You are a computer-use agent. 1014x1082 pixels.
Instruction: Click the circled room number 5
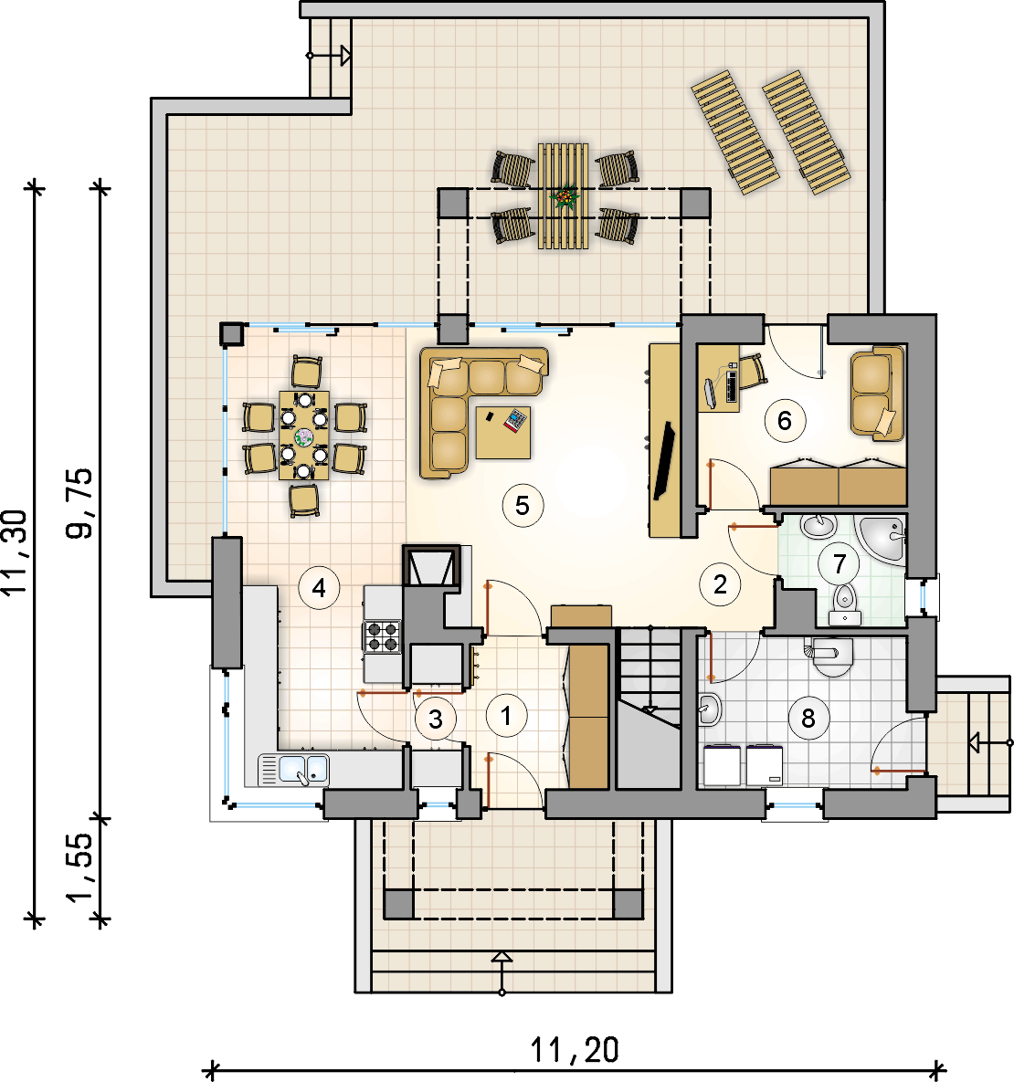point(523,505)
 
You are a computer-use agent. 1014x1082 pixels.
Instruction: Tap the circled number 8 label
point(808,719)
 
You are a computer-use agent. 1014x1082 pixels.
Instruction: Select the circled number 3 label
point(436,719)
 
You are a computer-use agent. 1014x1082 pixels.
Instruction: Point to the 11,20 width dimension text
point(575,1050)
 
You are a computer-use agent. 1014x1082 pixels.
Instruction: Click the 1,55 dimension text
point(79,867)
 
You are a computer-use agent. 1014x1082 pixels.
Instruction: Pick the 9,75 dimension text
point(79,503)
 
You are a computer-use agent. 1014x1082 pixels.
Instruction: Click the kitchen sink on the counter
point(294,770)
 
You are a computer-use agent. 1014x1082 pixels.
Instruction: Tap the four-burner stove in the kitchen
point(383,636)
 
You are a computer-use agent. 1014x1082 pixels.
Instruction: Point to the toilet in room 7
point(845,604)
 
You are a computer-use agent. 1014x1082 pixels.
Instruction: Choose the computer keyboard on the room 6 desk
point(732,386)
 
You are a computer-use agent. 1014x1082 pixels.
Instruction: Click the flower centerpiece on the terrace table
point(565,197)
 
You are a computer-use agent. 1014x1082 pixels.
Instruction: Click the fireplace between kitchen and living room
point(432,566)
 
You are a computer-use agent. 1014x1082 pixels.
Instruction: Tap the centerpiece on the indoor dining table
point(303,436)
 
